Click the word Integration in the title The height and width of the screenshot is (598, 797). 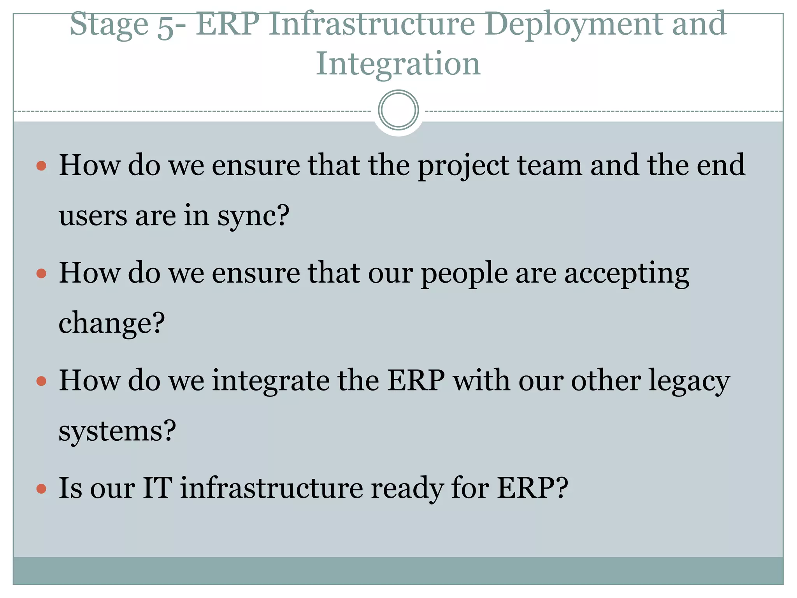[398, 63]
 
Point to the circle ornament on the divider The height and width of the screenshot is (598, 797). [398, 110]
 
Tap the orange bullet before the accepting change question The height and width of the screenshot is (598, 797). [41, 274]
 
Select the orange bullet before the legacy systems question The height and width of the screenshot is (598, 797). [41, 381]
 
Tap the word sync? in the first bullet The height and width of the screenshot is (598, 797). [253, 216]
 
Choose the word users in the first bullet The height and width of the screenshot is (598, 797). [93, 216]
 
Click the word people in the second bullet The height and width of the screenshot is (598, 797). [464, 274]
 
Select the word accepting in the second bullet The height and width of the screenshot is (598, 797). [627, 274]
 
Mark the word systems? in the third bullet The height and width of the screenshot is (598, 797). [117, 431]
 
